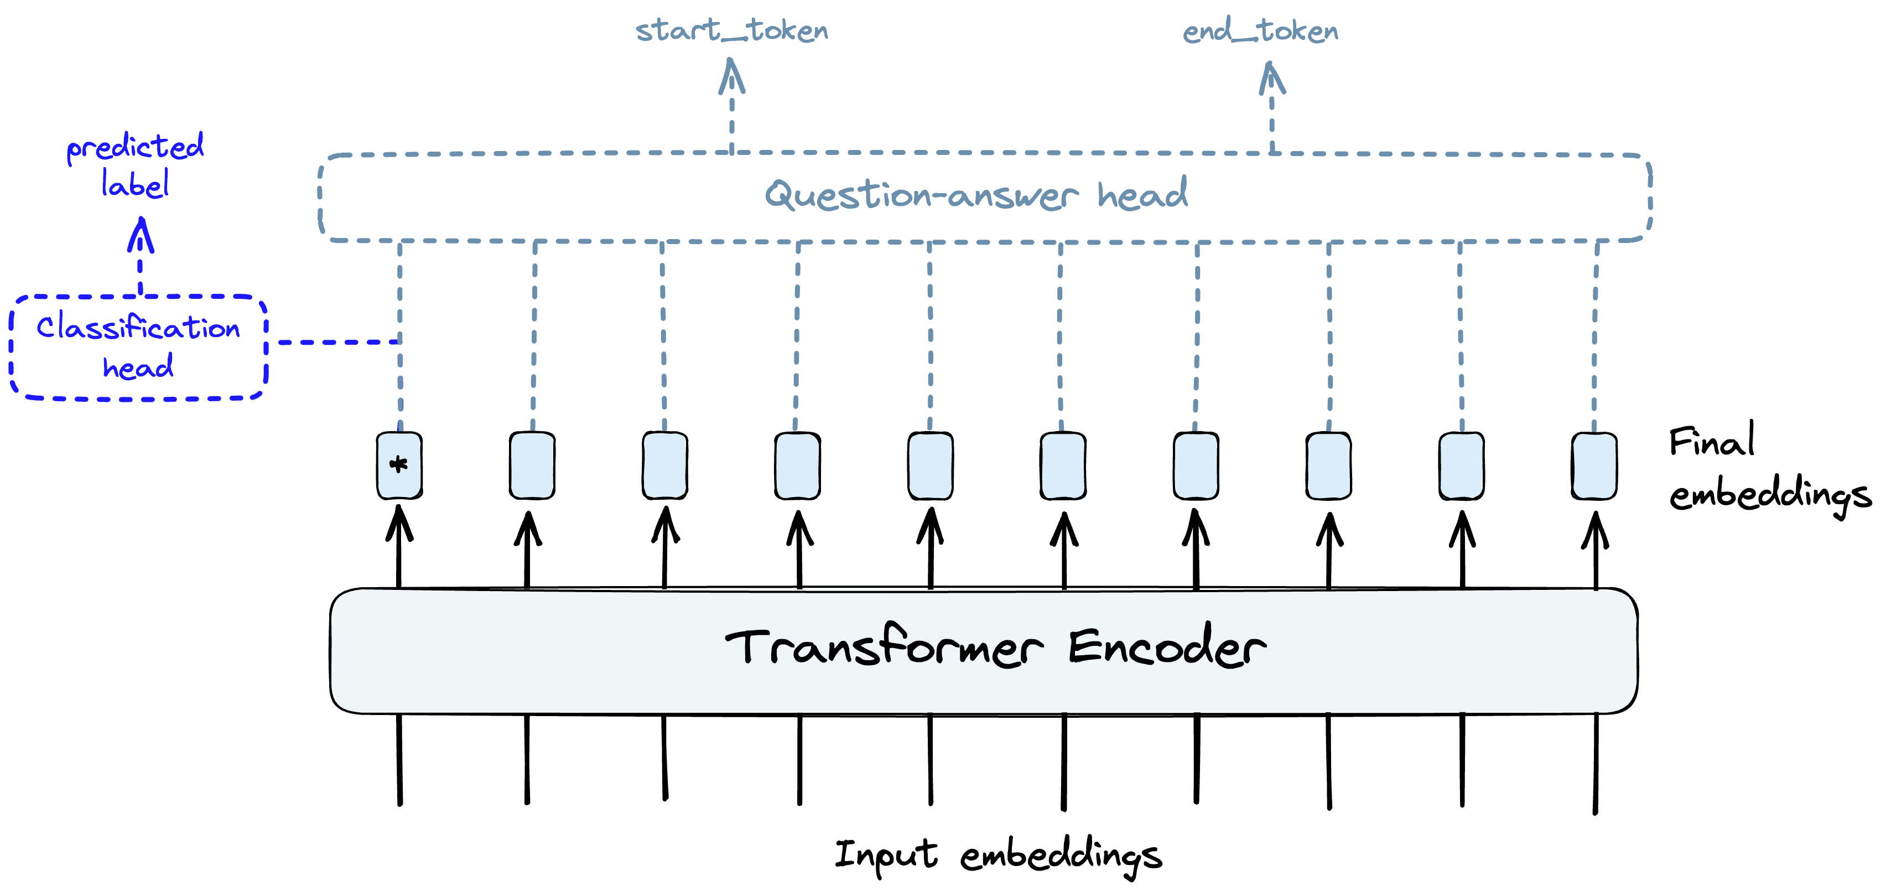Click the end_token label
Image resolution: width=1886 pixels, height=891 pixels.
pyautogui.click(x=1260, y=32)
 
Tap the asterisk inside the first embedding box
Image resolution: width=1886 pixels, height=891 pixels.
pyautogui.click(x=399, y=464)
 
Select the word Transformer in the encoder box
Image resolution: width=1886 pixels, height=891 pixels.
pyautogui.click(x=884, y=647)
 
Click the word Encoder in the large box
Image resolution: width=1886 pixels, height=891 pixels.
pyautogui.click(x=1166, y=647)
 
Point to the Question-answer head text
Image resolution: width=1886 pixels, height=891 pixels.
pyautogui.click(x=976, y=195)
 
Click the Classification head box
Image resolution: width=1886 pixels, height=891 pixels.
pyautogui.click(x=138, y=347)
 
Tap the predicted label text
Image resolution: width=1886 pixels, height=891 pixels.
pyautogui.click(x=136, y=165)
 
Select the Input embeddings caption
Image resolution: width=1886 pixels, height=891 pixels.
pyautogui.click(x=998, y=854)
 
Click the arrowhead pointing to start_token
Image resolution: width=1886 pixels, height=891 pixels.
pyautogui.click(x=731, y=76)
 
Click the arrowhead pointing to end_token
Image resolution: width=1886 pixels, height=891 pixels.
pyautogui.click(x=1272, y=79)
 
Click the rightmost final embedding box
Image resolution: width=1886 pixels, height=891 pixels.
pyautogui.click(x=1594, y=465)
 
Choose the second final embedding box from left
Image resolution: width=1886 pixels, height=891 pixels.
pyautogui.click(x=532, y=465)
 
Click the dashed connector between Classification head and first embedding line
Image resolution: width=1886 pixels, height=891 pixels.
pyautogui.click(x=338, y=342)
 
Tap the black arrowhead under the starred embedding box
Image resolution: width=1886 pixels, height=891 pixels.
pyautogui.click(x=399, y=523)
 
